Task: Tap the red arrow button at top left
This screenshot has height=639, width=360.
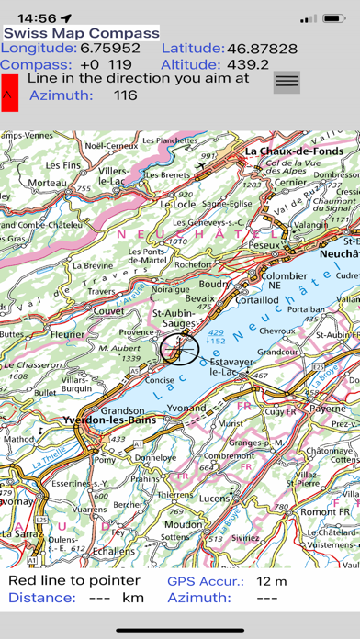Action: [x=9, y=93]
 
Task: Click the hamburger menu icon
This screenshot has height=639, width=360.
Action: [x=287, y=81]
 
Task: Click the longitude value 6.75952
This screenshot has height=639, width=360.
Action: [x=110, y=48]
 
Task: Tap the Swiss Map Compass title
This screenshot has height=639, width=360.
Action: [x=81, y=32]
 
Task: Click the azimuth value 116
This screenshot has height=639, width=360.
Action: [x=126, y=95]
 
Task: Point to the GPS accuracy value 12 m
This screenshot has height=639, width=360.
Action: [x=271, y=581]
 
